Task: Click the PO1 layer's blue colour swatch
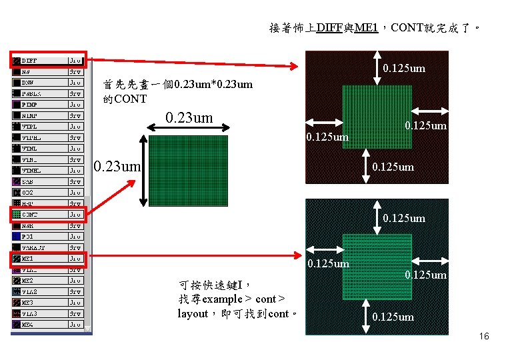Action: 16,237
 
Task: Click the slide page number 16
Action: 483,337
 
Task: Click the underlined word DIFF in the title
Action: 329,28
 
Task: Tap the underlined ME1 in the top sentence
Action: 366,28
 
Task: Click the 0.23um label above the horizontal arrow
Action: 189,118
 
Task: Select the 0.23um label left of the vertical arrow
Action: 117,164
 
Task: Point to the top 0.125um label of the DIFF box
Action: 404,68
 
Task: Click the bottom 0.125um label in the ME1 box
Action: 393,317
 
